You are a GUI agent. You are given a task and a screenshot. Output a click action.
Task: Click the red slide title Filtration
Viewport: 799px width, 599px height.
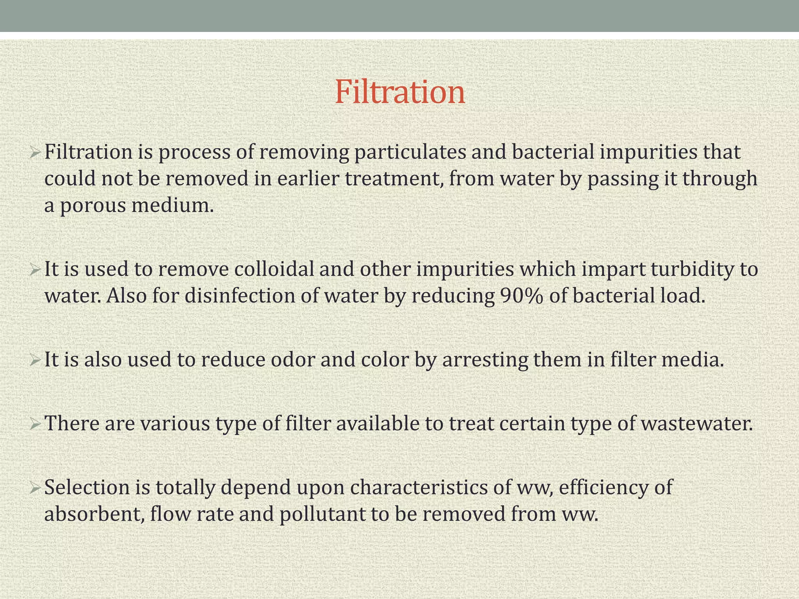click(x=400, y=92)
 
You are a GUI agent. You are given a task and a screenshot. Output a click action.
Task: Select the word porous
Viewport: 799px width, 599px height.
click(x=93, y=206)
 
